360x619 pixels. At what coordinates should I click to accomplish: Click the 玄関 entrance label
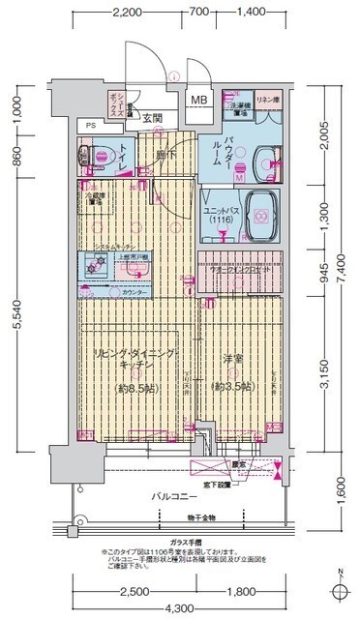[x=153, y=118]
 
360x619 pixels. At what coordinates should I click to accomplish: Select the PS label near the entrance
[x=90, y=126]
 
